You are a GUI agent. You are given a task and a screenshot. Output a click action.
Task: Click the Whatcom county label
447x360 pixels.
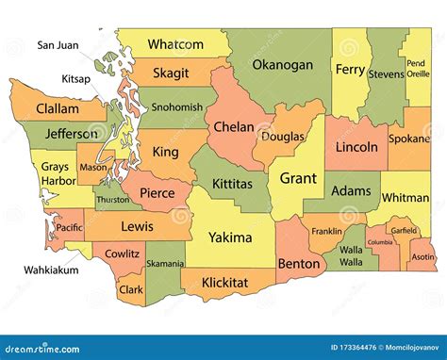pyautogui.click(x=175, y=44)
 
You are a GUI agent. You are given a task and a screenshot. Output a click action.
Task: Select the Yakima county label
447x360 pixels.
pyautogui.click(x=229, y=237)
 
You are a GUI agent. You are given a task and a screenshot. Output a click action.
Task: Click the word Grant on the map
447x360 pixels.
pyautogui.click(x=298, y=176)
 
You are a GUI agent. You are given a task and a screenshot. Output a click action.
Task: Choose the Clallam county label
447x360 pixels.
pyautogui.click(x=58, y=109)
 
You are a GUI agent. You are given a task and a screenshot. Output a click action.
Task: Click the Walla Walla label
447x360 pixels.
pyautogui.click(x=351, y=255)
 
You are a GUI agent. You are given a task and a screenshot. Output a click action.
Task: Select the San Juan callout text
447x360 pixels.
pyautogui.click(x=58, y=44)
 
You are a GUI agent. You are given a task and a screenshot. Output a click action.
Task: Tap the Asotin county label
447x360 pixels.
pyautogui.click(x=423, y=256)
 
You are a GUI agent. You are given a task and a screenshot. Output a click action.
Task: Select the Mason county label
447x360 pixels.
pyautogui.click(x=94, y=168)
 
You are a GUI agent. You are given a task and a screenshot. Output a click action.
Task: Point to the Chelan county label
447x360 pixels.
pyautogui.click(x=234, y=126)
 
